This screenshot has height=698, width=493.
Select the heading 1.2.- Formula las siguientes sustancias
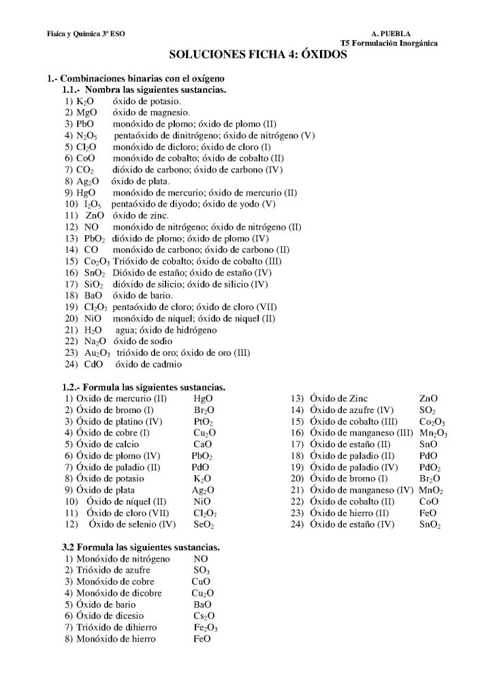(x=144, y=387)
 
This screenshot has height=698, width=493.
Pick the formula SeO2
(x=204, y=525)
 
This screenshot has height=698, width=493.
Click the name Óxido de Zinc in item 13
(x=338, y=398)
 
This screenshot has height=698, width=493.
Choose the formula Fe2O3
(x=205, y=628)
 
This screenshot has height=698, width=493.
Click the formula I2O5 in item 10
(x=92, y=204)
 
